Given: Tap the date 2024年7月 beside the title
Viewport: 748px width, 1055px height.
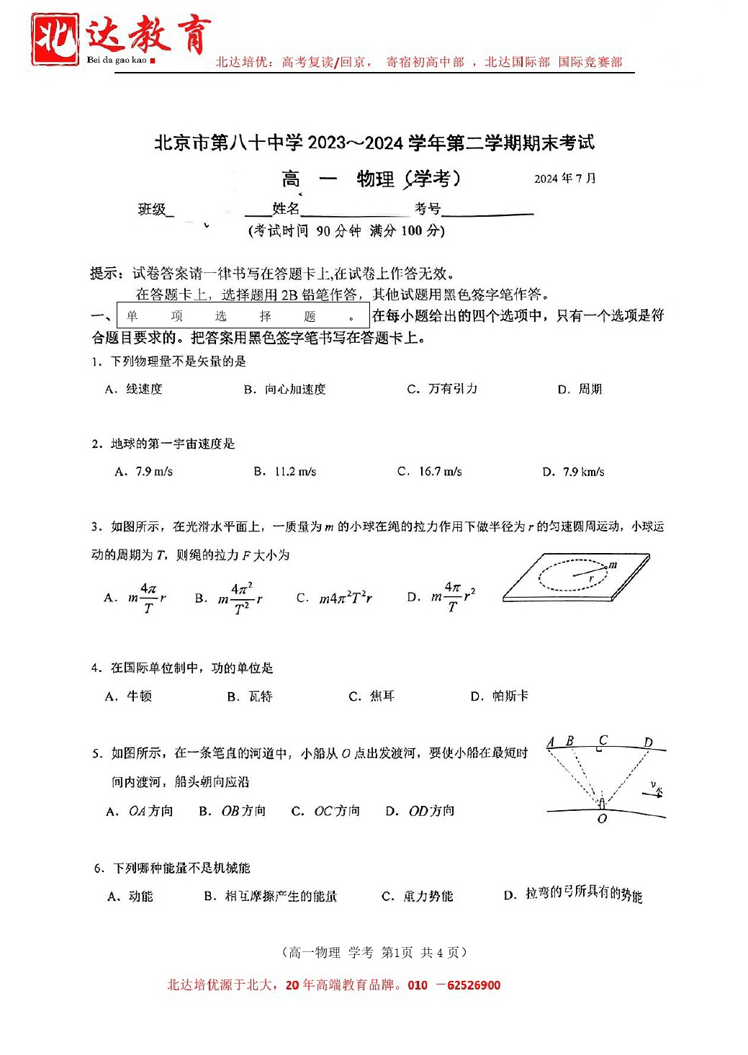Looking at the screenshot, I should point(564,179).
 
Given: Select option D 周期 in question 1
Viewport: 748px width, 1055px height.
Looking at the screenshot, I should point(580,390).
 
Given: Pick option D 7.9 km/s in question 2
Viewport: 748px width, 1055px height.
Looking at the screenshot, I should point(573,472).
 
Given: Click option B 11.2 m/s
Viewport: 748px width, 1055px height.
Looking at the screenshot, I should point(285,472).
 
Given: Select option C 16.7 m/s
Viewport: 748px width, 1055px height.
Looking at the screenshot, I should point(430,472).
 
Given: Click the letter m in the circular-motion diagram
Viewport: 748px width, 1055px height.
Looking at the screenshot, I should point(613,565).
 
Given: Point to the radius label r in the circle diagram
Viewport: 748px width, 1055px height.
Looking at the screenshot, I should point(591,578).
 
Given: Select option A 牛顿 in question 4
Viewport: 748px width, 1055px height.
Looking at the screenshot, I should point(129,696).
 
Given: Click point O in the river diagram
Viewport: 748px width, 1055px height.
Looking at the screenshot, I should point(603,818).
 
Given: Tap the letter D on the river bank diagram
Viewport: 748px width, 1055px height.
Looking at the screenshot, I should point(648,742).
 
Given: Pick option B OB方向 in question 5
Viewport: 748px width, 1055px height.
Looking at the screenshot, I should point(233,811).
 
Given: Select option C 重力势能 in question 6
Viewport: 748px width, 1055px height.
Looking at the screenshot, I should point(418,897).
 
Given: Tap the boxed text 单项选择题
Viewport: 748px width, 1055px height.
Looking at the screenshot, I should point(243,316).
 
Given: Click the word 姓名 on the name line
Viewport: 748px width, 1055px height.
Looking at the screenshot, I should point(286,209).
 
